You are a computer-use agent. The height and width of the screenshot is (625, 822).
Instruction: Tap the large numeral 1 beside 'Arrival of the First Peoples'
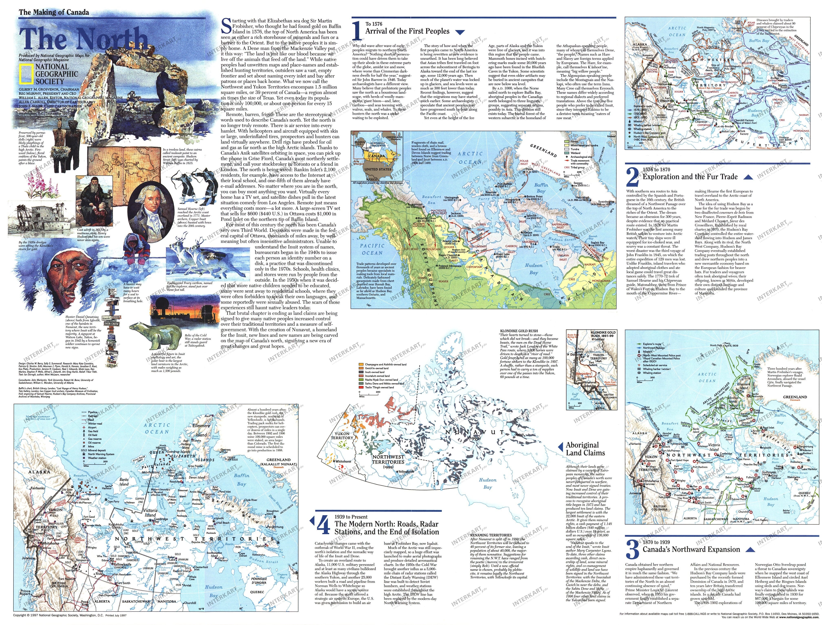[x=356, y=31]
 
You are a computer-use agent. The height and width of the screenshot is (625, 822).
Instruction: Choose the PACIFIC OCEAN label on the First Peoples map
[x=372, y=249]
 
